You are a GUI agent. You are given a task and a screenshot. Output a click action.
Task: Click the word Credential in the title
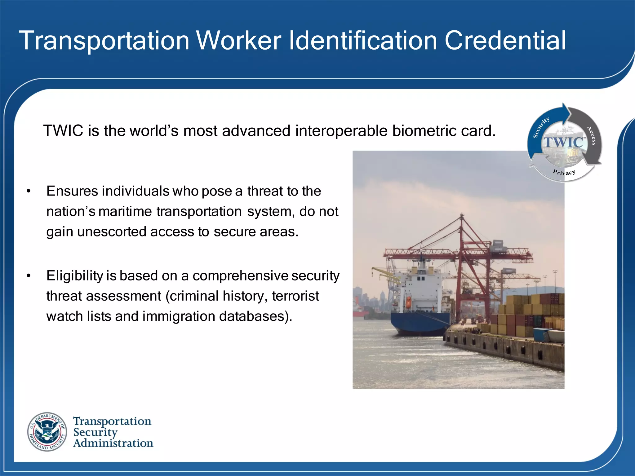point(505,41)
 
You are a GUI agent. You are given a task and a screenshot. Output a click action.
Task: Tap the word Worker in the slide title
point(239,41)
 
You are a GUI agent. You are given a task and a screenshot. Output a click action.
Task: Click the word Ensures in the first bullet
point(72,191)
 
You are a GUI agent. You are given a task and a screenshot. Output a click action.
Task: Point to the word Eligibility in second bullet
point(74,276)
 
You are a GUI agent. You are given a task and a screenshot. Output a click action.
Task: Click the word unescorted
point(112,232)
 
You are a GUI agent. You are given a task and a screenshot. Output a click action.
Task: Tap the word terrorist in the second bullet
point(295,296)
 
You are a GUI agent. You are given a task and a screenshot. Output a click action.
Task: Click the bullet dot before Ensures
point(29,192)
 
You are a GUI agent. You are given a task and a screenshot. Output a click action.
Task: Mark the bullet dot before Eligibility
point(29,276)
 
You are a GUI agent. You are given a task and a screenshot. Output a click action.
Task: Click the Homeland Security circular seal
point(47,432)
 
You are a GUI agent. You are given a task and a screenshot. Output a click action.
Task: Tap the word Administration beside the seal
point(113,443)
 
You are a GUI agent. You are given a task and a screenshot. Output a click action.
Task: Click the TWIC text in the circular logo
point(563,143)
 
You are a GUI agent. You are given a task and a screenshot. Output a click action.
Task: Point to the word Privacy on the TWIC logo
point(564,172)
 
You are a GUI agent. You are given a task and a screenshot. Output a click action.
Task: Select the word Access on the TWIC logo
point(591,135)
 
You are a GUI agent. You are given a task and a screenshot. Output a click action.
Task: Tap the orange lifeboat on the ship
point(409,302)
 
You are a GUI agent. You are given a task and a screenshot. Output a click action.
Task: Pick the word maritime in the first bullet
point(125,212)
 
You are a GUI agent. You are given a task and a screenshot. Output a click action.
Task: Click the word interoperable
point(341,131)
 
